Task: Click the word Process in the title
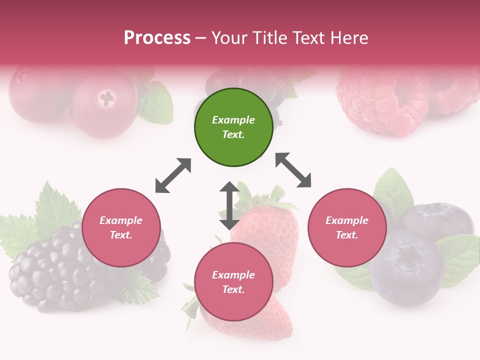pos(157,38)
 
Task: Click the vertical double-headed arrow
pos(229,205)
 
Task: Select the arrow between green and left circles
pos(173,175)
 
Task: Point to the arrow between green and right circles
pos(293,170)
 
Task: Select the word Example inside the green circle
pos(233,120)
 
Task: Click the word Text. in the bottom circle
pos(233,289)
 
